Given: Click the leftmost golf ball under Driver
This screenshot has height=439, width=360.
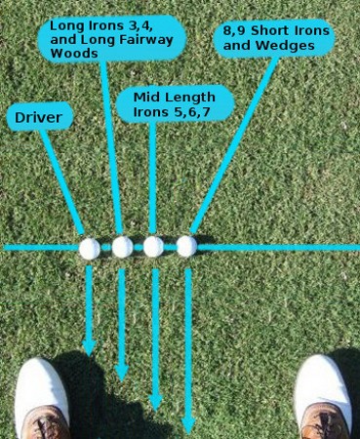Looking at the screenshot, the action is click(90, 248).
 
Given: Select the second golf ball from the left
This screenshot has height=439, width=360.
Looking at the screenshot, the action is click(122, 247).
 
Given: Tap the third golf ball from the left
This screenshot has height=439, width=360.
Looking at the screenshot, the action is click(153, 247).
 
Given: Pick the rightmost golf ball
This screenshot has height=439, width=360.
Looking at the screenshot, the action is click(186, 246).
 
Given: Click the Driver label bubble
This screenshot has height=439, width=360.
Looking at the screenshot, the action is click(38, 119).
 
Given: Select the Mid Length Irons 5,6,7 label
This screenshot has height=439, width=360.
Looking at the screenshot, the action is click(174, 103).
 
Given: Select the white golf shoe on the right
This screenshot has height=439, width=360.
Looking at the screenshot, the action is click(323, 395).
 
